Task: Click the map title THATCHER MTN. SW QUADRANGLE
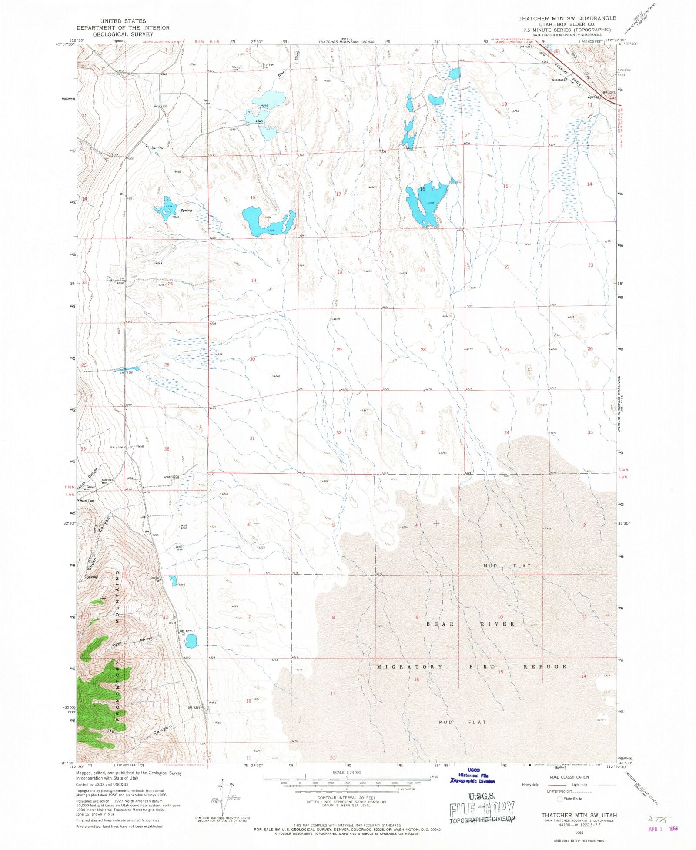tap(567, 18)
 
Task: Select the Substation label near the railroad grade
tap(559, 80)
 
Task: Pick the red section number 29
tap(339, 350)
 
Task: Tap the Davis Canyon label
tap(133, 641)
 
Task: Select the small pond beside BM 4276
tap(191, 640)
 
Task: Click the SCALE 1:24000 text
tap(347, 773)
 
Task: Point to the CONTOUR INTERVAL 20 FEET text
tap(346, 798)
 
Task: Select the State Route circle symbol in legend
tap(560, 799)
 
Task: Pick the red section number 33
tap(423, 432)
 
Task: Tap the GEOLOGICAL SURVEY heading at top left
tap(123, 34)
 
